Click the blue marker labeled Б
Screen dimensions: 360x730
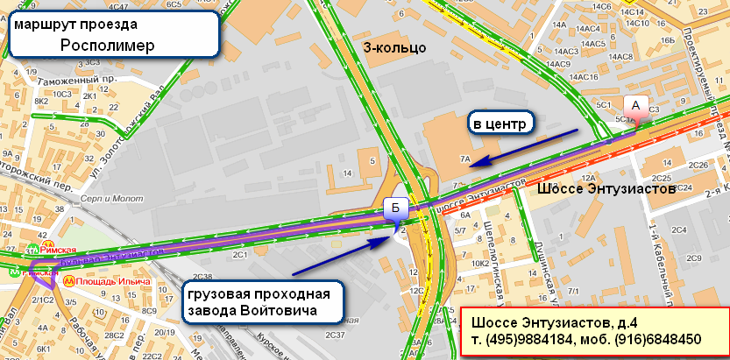[x=395, y=208]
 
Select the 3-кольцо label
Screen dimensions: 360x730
[x=394, y=47]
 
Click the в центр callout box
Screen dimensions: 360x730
[x=499, y=124]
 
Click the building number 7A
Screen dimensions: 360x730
[x=466, y=159]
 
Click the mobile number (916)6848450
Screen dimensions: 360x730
[x=661, y=339]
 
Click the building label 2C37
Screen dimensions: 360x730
[x=334, y=335]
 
